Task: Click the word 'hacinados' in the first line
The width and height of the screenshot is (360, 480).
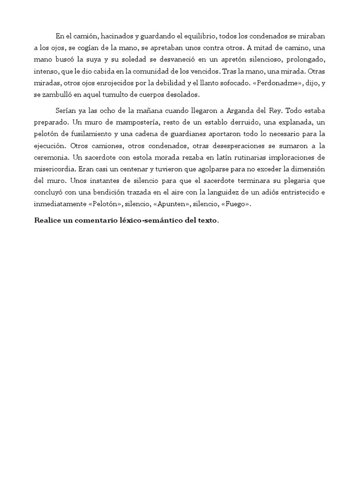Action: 105,36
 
